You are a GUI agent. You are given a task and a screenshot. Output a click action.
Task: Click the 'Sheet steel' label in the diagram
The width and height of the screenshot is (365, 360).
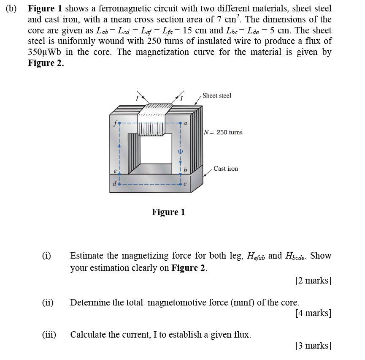(216, 95)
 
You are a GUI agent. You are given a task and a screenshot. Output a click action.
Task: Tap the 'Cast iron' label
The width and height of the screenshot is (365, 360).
(225, 169)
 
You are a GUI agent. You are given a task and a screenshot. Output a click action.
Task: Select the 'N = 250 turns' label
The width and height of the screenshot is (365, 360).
(223, 132)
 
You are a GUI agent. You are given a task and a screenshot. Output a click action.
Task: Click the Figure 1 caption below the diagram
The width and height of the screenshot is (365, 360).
(168, 212)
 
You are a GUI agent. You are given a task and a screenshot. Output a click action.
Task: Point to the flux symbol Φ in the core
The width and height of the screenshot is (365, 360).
(180, 151)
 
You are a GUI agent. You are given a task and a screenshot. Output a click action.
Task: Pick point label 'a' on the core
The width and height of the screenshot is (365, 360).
(185, 123)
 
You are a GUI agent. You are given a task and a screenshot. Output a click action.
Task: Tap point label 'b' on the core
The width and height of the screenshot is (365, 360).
(185, 170)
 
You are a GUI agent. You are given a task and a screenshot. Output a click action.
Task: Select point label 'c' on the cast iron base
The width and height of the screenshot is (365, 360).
(185, 184)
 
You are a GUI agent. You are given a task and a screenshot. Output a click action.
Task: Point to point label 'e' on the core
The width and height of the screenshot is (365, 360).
(115, 170)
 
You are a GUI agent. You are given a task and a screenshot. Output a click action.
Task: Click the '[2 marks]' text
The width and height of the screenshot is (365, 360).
(313, 281)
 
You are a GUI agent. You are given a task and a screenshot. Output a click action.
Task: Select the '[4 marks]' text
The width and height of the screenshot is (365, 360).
(313, 313)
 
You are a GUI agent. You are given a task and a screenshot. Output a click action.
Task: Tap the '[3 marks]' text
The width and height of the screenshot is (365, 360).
(313, 346)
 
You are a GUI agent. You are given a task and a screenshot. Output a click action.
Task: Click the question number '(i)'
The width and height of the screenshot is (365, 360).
(46, 256)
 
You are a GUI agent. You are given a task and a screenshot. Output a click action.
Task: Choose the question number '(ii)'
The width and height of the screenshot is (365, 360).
(48, 303)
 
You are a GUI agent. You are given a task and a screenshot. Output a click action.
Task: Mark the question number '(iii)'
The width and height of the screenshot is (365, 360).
(49, 335)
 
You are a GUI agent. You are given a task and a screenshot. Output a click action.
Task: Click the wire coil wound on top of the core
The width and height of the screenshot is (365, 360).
(157, 111)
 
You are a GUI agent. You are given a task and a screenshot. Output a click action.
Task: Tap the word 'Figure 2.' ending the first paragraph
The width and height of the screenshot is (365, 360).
(46, 63)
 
